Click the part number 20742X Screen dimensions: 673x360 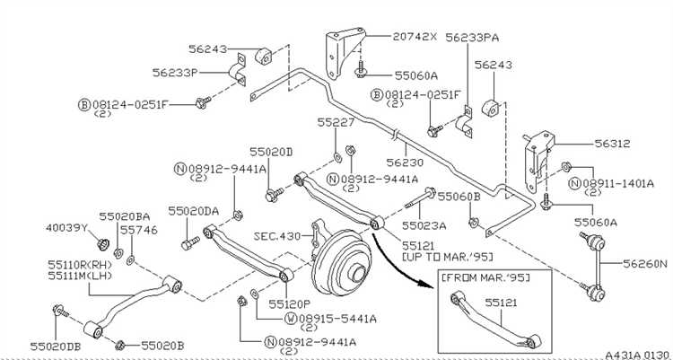click(415, 37)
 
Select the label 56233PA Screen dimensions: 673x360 click(472, 38)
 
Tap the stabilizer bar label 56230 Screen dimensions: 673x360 click(405, 162)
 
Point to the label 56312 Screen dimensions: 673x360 click(613, 144)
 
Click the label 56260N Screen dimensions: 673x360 click(646, 263)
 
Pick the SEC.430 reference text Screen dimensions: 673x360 click(277, 236)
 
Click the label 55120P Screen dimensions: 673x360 click(289, 304)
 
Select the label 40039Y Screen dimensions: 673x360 click(66, 228)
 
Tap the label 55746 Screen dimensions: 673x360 click(138, 230)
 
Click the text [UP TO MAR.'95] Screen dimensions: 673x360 click(447, 257)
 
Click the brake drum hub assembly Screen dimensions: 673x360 click(342, 262)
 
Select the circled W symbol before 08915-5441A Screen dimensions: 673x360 click(290, 319)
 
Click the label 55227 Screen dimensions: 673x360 click(336, 123)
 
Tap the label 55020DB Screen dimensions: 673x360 click(56, 347)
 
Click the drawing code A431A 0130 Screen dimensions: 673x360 click(637, 356)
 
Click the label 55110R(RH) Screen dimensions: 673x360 click(80, 265)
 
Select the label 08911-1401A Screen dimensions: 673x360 click(618, 184)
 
